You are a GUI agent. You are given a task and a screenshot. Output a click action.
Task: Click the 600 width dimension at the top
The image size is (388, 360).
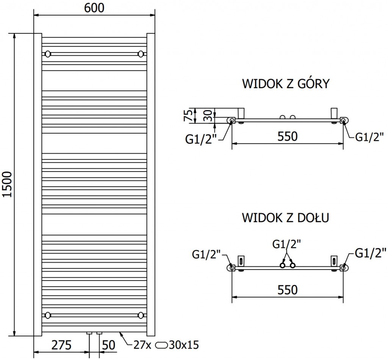[x=94, y=8]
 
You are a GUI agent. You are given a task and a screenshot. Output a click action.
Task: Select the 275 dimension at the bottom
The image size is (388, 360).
[x=61, y=345]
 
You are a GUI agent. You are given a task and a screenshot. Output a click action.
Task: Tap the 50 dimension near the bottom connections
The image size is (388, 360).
[x=109, y=345]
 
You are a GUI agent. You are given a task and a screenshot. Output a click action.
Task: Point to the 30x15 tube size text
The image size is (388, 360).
[x=184, y=345]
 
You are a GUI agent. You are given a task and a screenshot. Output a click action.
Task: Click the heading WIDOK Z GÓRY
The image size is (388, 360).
[x=286, y=84]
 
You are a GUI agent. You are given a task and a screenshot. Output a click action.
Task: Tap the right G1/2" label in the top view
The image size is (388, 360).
[x=369, y=137]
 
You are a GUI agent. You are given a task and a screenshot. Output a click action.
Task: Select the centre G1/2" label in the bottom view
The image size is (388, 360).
[x=287, y=244]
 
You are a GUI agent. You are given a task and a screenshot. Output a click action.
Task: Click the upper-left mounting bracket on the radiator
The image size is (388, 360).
[x=48, y=53]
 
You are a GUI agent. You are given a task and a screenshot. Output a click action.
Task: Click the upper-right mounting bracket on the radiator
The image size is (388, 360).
[x=141, y=53]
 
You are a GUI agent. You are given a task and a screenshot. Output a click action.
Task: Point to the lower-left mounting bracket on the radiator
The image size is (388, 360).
[x=48, y=315]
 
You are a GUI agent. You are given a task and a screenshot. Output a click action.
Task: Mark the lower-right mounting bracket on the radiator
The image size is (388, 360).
[x=141, y=315]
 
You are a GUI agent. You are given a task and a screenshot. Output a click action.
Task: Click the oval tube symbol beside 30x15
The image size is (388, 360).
[x=161, y=345]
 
